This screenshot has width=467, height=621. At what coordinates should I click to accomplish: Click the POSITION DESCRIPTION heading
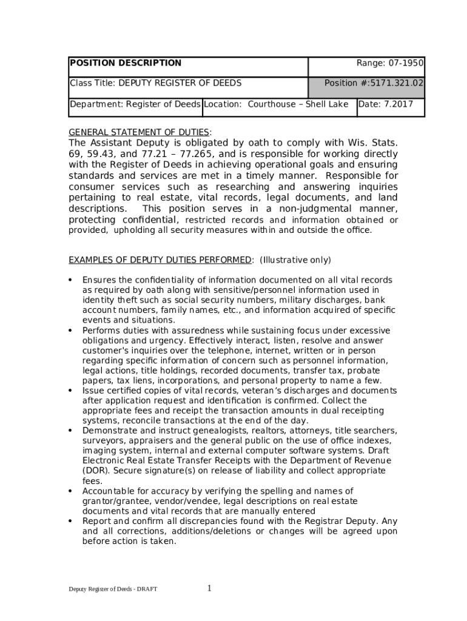(x=126, y=63)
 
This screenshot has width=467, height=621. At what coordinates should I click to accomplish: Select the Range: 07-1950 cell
(x=390, y=63)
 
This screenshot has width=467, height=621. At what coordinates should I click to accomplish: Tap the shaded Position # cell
(x=366, y=87)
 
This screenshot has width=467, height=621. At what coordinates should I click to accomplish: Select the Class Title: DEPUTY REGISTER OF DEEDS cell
(x=155, y=83)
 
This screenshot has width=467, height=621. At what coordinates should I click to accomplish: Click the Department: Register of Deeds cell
(x=135, y=104)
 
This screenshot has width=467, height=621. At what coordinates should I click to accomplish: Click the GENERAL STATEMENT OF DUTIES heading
(x=139, y=132)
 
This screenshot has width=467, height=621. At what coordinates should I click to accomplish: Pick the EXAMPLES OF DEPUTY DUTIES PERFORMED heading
(x=161, y=260)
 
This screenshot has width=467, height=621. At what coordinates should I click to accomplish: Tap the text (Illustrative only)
(x=295, y=260)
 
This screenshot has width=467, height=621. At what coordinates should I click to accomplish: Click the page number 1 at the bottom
(x=209, y=588)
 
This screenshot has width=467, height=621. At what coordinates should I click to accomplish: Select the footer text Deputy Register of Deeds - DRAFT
(x=113, y=589)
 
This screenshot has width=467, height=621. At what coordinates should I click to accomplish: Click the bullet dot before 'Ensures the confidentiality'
(x=70, y=280)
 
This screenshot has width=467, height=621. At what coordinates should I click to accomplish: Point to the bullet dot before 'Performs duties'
(x=70, y=331)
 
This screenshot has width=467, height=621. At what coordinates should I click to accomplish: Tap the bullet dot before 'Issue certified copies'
(x=70, y=391)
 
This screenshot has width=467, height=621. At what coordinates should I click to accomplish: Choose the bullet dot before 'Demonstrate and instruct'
(x=70, y=431)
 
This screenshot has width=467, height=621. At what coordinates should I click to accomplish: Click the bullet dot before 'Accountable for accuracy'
(x=70, y=491)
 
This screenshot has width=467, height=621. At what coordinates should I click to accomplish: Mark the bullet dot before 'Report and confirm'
(x=70, y=521)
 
